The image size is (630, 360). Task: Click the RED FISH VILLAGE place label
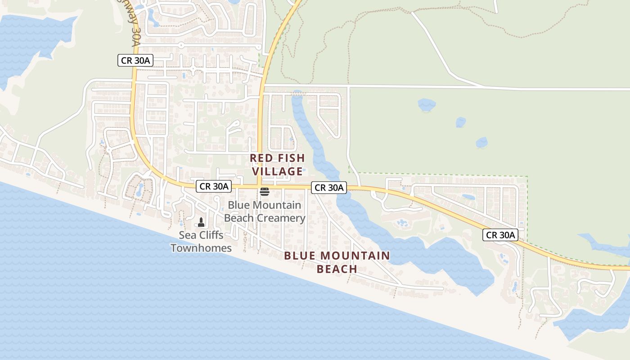[x=277, y=165]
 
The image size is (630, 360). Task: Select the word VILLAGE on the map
[x=277, y=171]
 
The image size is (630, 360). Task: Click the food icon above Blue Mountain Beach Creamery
[x=264, y=192]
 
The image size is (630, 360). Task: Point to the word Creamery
[x=283, y=218]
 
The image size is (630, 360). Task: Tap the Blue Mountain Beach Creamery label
[x=265, y=211]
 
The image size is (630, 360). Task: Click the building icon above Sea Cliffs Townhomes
[x=201, y=222]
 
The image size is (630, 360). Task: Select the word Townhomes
[x=201, y=248]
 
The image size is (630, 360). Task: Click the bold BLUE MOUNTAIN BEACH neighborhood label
[x=337, y=262]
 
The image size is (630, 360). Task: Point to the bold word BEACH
[x=337, y=269]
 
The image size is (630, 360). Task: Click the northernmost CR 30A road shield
[x=135, y=60]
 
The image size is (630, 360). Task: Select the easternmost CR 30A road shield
[x=500, y=234]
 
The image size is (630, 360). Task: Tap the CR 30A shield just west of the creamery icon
[x=214, y=186]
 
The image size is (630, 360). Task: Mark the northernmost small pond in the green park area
[x=427, y=105]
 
